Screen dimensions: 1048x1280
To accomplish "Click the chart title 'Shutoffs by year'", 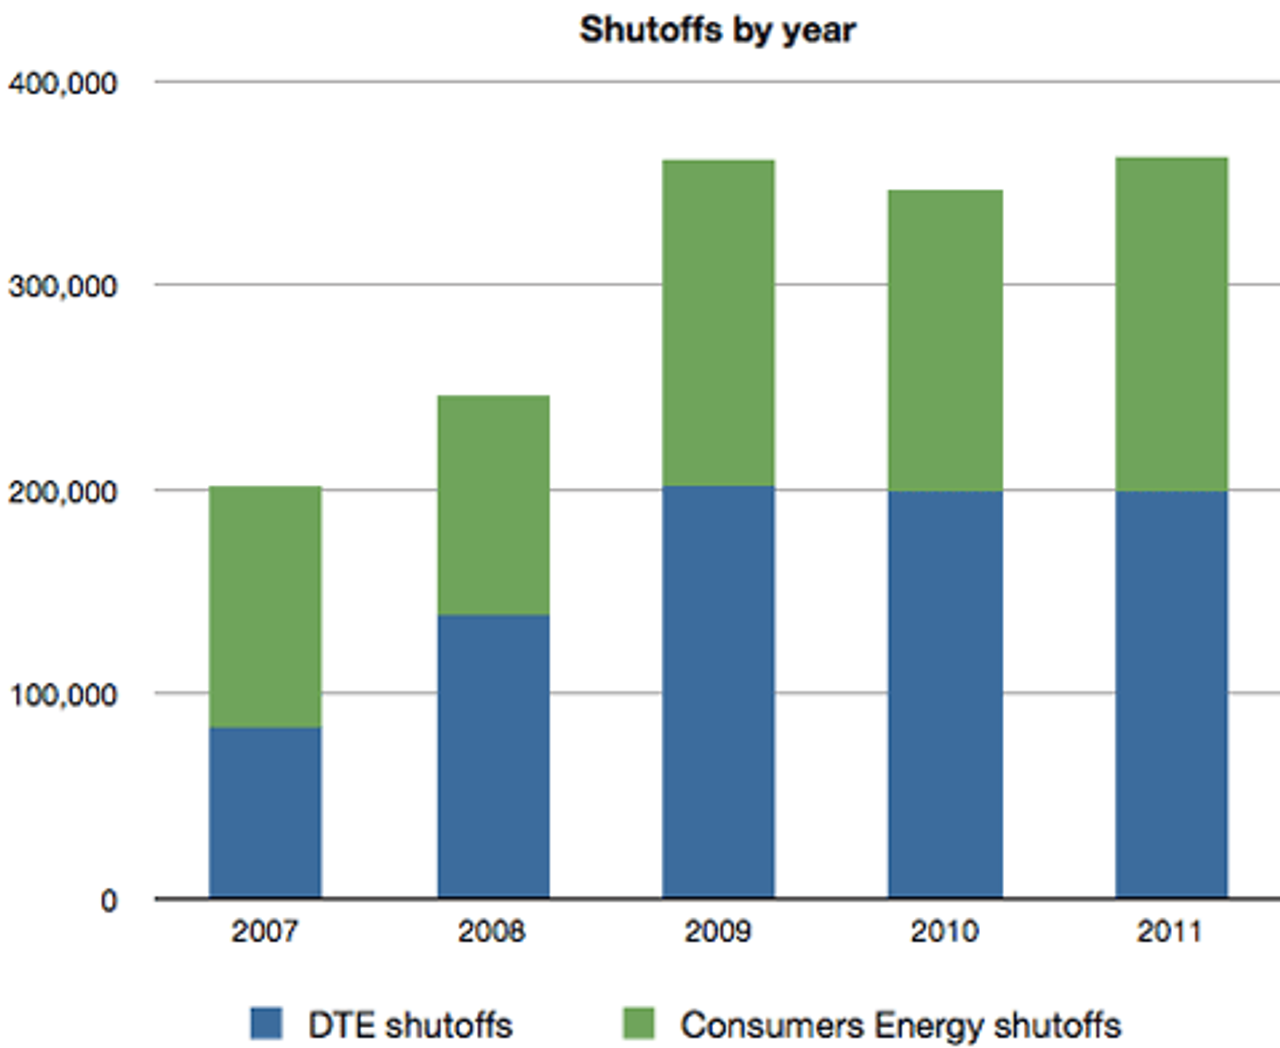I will pos(717,30).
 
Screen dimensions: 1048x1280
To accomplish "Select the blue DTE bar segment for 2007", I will pos(265,812).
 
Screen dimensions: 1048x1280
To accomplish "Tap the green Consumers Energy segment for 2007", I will pos(265,606).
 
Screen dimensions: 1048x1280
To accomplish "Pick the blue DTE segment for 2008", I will pos(493,756).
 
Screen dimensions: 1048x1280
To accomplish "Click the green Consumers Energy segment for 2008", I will pos(493,505).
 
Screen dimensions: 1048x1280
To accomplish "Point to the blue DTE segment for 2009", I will pos(718,692).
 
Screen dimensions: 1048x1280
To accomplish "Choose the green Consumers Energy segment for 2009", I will pos(718,323).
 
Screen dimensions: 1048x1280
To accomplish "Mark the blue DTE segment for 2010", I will pos(945,694).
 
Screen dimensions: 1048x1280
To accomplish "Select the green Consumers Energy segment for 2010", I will pos(945,340).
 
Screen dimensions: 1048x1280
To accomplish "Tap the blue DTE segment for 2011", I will pos(1171,694).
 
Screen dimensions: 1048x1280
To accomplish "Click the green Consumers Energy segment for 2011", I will pos(1171,324).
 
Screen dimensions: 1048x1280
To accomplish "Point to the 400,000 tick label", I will pos(62,83).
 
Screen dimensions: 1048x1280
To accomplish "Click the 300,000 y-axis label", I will pos(62,287).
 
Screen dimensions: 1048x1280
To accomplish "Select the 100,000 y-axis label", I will pos(62,695).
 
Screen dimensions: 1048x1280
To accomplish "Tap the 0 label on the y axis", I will pos(108,901).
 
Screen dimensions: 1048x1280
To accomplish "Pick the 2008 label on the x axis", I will pos(491,932).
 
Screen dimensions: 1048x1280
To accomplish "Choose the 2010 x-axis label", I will pos(944,932).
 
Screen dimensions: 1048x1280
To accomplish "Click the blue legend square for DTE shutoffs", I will pos(266,1024).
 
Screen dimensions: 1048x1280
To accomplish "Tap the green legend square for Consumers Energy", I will pos(638,1024).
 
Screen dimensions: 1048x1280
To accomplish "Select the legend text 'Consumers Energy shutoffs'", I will pos(900,1026).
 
